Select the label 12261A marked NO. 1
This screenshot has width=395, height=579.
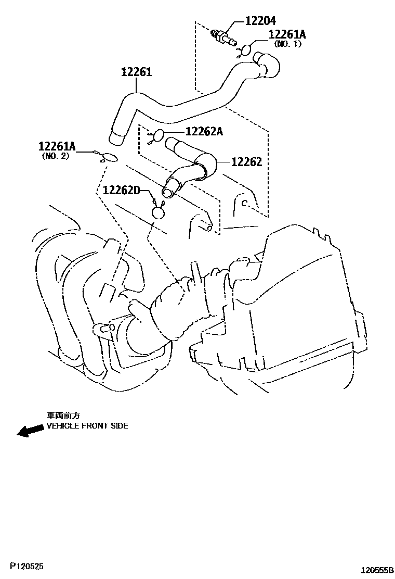point(287,34)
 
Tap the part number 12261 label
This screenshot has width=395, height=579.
point(136,72)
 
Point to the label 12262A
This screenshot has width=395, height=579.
point(204,132)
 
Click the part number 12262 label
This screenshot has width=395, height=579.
point(246,162)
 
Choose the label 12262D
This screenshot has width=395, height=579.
point(122,191)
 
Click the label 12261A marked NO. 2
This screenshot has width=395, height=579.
point(57,147)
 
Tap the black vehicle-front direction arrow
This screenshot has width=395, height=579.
point(30,430)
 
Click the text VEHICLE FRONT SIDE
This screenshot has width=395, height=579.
point(87,426)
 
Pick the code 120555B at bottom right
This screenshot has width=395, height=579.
point(377,571)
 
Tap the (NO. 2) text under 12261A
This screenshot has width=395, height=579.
point(55,156)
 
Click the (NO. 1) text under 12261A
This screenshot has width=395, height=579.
point(288,44)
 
